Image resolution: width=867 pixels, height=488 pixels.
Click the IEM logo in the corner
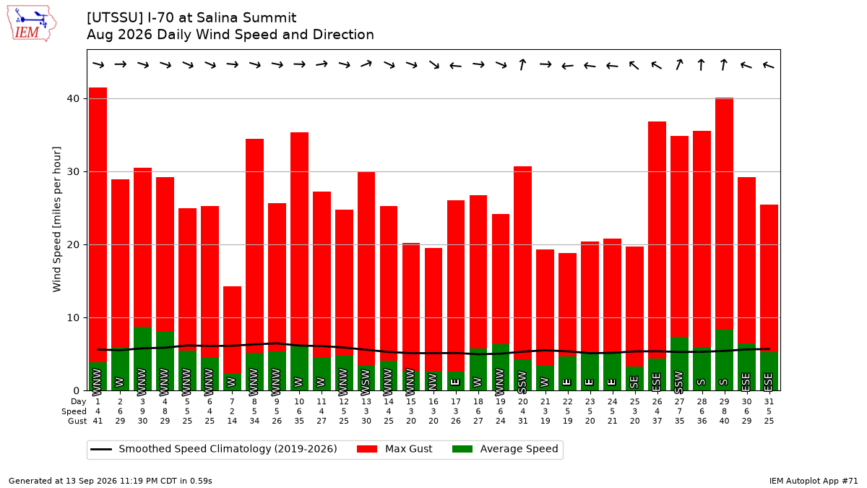click(x=32, y=24)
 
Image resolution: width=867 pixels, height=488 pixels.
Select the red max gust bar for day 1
click(x=98, y=225)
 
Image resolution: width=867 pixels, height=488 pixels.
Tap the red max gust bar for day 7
click(x=232, y=330)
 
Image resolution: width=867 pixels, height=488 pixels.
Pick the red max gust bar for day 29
click(x=724, y=214)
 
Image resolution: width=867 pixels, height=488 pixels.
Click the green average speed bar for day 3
click(x=143, y=359)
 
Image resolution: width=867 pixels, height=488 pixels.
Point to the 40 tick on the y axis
click(x=73, y=99)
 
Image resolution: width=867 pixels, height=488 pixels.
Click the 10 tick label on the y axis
click(x=73, y=318)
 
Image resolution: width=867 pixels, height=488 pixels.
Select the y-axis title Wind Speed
click(x=57, y=219)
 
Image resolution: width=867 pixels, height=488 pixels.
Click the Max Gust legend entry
click(x=394, y=449)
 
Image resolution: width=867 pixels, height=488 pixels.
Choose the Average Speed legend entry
click(x=505, y=449)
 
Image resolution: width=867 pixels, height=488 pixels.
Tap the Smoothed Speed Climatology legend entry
click(x=214, y=449)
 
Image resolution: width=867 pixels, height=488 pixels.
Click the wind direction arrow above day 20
click(x=522, y=64)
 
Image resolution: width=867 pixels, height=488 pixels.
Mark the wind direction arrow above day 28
click(x=702, y=64)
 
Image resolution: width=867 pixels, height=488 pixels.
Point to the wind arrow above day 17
click(x=456, y=66)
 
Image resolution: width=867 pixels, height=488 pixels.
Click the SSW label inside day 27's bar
click(x=679, y=381)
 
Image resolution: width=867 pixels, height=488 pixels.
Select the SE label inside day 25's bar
click(x=634, y=382)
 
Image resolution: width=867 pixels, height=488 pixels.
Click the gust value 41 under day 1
click(x=98, y=421)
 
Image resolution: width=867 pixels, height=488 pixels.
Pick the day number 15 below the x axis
click(x=411, y=402)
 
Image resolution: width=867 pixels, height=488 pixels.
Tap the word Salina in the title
click(x=216, y=18)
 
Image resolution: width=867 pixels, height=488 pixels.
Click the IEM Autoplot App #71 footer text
click(x=814, y=481)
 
